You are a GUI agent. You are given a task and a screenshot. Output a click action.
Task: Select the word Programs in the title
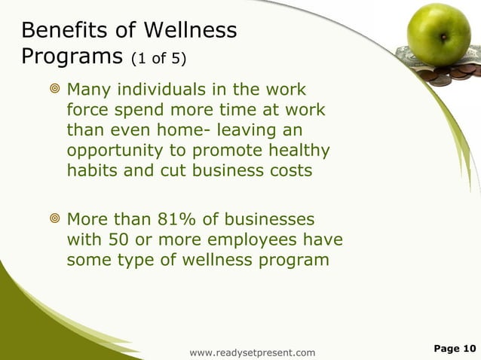coord(72,57)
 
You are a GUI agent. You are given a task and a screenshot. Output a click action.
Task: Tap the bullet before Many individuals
coord(53,90)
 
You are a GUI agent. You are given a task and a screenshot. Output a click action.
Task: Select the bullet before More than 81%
coord(53,221)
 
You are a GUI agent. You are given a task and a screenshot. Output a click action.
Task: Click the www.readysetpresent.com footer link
coord(253,352)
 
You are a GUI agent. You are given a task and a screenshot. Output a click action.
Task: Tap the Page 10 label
coord(455,348)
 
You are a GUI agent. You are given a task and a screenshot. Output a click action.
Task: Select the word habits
coord(90,170)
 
